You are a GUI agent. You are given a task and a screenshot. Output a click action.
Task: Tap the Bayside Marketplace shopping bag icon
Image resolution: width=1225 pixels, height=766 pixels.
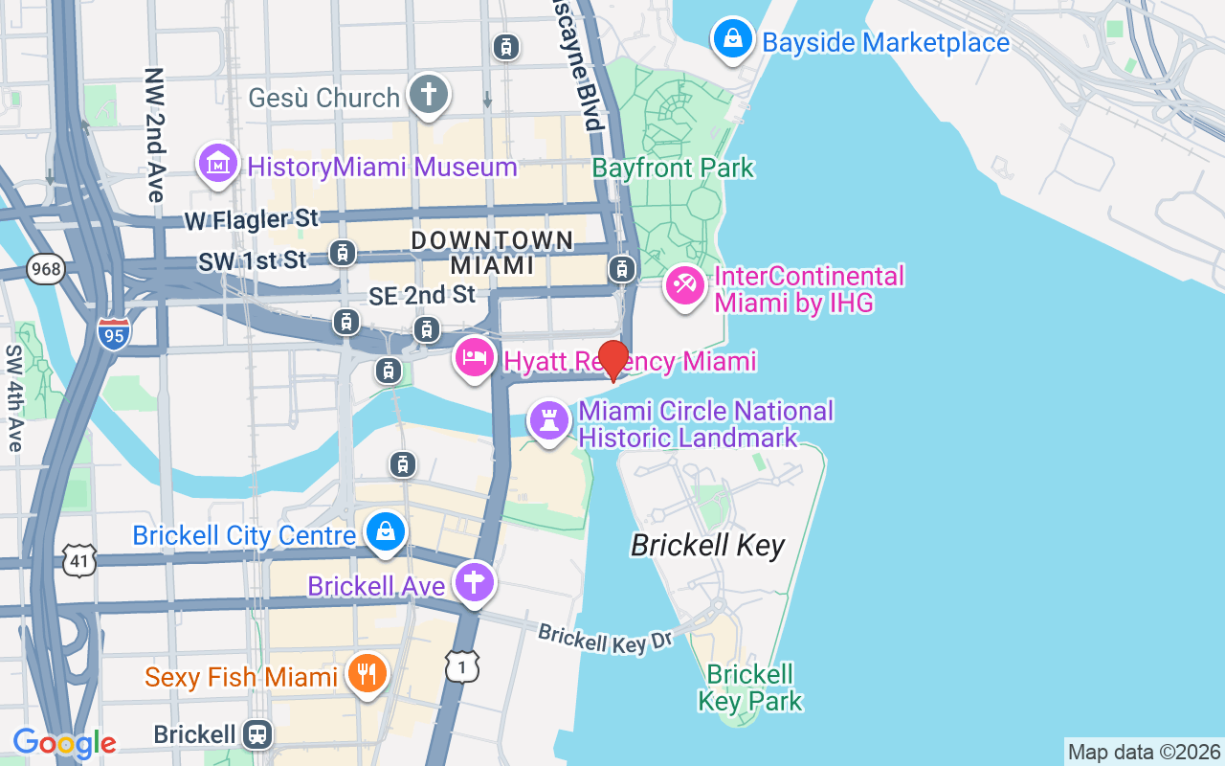pos(732,40)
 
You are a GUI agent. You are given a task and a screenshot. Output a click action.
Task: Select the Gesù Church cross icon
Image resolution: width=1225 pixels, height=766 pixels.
pos(429,96)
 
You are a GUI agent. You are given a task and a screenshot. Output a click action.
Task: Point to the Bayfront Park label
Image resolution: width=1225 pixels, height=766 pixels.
pos(673,169)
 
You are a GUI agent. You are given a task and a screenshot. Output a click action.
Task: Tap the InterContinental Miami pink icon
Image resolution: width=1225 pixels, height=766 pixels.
pos(685,286)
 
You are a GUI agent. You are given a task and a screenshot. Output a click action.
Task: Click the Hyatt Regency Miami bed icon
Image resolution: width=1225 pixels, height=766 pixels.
pos(475,359)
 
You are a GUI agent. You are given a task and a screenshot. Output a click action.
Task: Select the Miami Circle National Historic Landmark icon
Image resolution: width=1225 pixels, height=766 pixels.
pos(549,421)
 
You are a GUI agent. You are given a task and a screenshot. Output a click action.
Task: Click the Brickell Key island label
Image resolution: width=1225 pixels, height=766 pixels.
pos(707,546)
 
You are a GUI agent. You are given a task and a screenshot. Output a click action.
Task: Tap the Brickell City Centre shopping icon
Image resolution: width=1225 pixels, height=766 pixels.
pos(386,532)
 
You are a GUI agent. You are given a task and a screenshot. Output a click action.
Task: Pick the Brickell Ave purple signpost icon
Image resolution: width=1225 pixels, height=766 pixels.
pos(474,582)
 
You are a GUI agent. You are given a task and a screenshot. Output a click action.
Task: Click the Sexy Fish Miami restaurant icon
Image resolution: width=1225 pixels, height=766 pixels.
pos(366,674)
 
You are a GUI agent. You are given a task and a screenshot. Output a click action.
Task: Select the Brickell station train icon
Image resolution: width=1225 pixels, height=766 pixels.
pos(256,734)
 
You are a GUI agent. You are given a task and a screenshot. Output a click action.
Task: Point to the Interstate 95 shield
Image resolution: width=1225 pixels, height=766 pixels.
pos(114,332)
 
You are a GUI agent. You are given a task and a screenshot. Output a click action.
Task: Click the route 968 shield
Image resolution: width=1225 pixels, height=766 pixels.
pos(46,269)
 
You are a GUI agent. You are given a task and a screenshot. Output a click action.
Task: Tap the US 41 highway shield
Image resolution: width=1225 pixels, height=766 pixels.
pos(79,560)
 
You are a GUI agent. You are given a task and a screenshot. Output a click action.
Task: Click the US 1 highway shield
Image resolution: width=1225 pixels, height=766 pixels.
pos(462,666)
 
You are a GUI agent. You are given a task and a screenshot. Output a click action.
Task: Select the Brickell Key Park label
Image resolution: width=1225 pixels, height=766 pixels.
pos(750,687)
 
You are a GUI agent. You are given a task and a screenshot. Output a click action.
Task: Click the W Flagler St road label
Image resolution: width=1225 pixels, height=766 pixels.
pos(251,220)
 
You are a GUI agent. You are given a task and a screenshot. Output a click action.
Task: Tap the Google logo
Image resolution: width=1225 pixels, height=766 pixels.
pos(64,743)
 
